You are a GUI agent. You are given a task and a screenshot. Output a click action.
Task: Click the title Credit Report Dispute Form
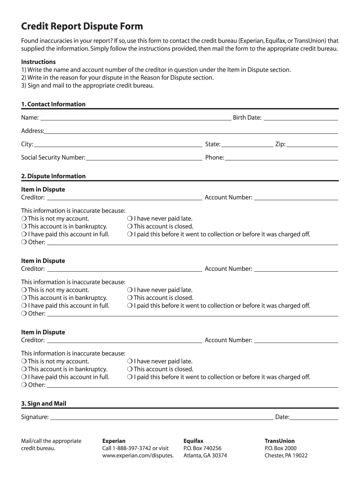[x=82, y=26]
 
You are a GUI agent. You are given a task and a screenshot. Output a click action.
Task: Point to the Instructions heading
[x=38, y=62]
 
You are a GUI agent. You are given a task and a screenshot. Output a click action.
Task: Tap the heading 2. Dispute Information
[x=53, y=176]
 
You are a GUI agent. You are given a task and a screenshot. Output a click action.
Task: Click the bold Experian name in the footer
[x=114, y=441]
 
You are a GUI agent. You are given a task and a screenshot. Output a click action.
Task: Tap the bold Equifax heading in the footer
[x=194, y=441]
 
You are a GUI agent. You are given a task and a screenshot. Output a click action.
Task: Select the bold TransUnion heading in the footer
[x=280, y=441]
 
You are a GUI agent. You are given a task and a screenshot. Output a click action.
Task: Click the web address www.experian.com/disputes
[x=138, y=456]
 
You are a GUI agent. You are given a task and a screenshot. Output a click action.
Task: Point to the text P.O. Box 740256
[x=202, y=448]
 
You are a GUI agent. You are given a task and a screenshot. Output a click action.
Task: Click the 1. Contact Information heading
[x=53, y=104]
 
